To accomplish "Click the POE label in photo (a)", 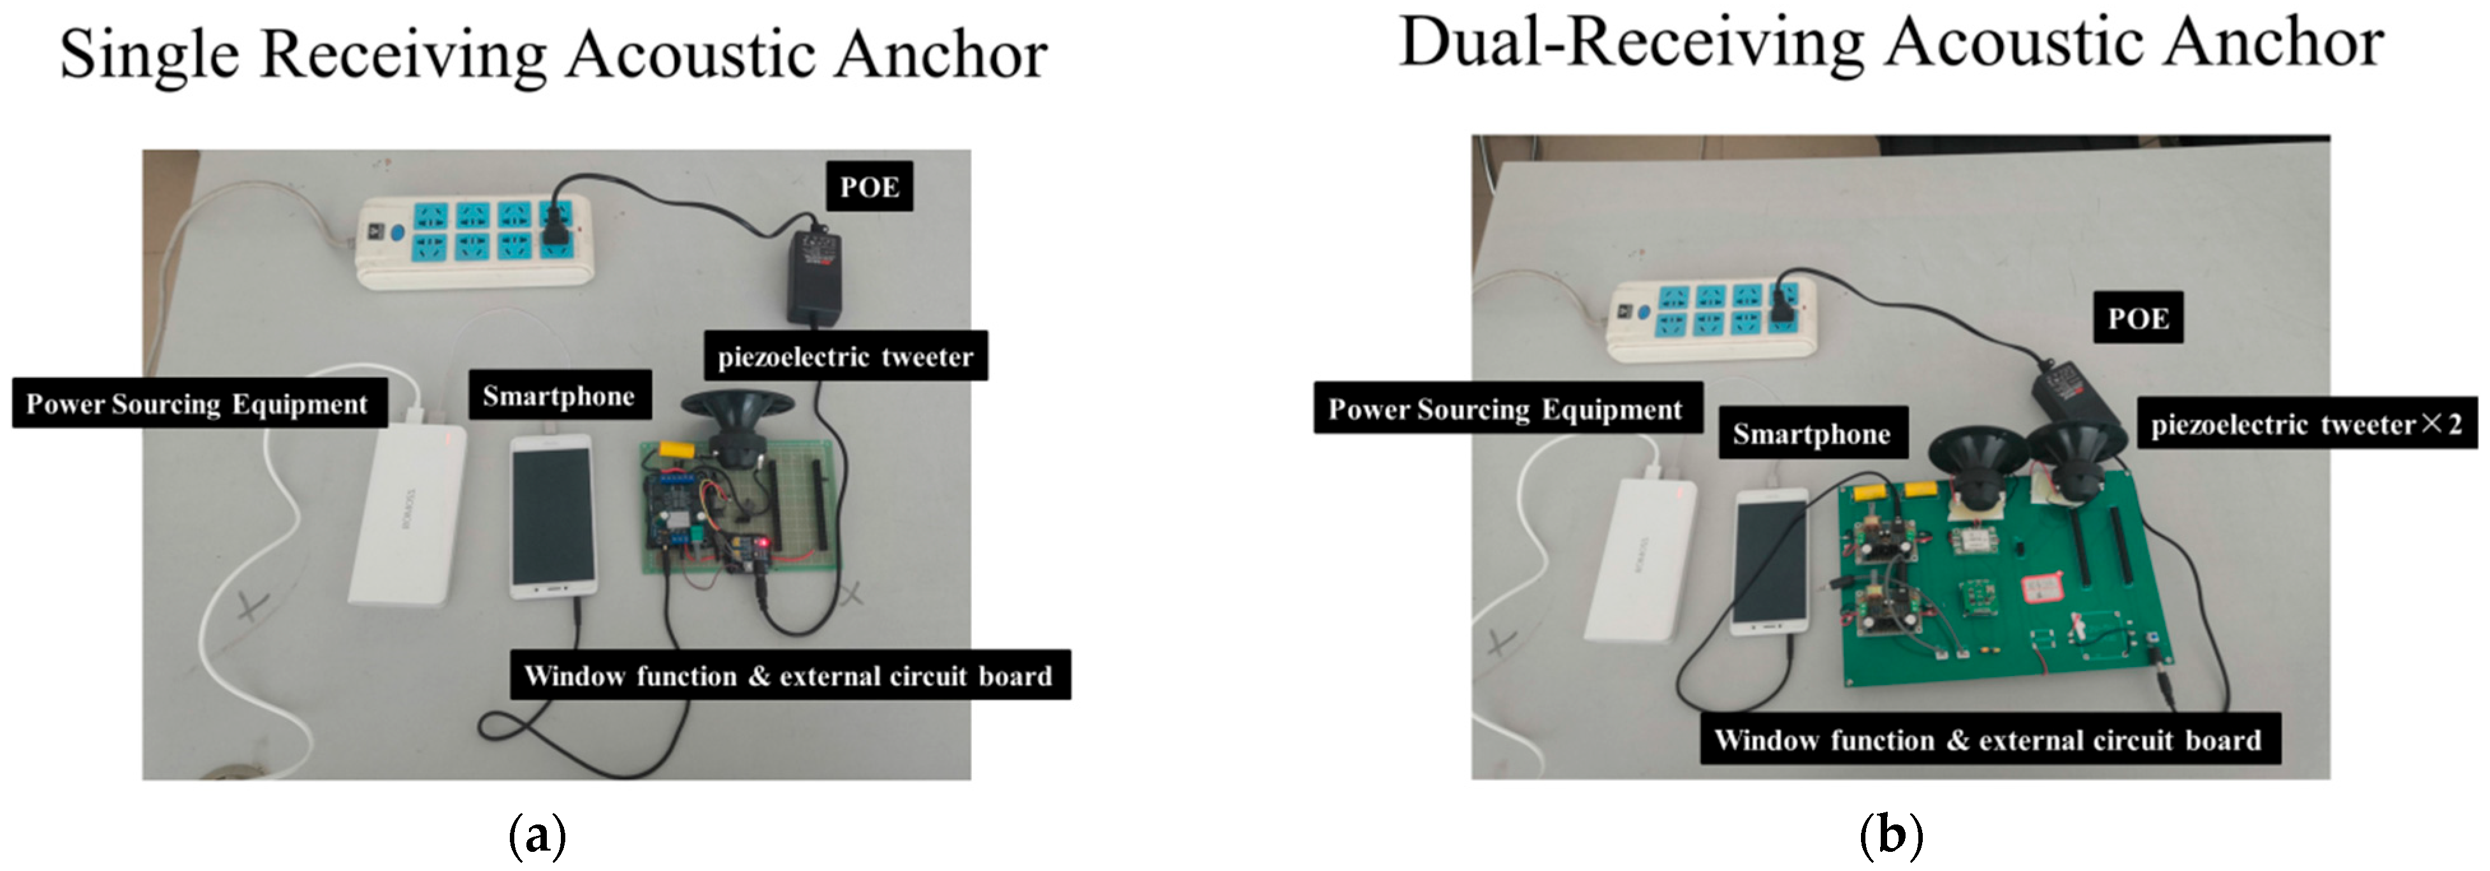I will [x=869, y=187].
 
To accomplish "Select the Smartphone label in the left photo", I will [x=559, y=396].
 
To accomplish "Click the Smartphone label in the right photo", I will [x=1811, y=433].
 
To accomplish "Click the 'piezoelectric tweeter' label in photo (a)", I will [x=845, y=357].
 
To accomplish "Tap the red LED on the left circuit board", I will [x=763, y=543].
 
